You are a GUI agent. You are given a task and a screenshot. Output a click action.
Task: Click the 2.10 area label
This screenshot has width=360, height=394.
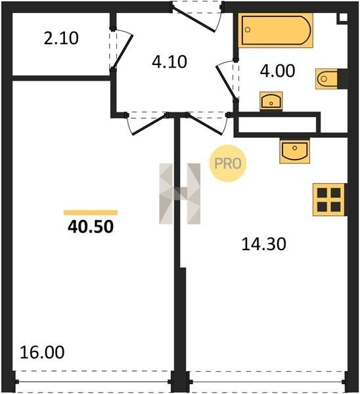point(61,39)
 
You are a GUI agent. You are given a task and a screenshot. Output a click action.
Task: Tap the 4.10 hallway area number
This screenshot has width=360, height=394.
point(169,62)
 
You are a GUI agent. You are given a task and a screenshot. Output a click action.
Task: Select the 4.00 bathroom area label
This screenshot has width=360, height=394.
point(277,71)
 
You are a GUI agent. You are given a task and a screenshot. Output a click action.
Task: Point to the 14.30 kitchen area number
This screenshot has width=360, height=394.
point(263,244)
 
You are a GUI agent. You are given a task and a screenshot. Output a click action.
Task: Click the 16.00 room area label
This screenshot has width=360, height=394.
point(42,352)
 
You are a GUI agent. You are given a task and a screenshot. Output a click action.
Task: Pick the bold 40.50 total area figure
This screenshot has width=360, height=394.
point(91,227)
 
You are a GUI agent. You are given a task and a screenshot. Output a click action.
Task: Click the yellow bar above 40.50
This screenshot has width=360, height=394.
point(91,213)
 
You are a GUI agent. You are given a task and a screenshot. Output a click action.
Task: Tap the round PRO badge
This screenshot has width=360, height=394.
point(228,164)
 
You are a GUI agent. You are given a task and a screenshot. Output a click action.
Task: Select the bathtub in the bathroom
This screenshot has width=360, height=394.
point(276,30)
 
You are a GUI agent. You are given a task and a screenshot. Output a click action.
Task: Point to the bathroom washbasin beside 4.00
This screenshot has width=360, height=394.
point(271,101)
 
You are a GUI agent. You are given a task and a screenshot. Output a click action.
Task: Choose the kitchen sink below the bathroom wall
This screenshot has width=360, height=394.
point(295,150)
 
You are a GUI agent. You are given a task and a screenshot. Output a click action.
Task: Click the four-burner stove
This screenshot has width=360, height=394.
point(329,200)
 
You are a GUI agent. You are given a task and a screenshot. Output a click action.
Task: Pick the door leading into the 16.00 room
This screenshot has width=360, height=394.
point(149,125)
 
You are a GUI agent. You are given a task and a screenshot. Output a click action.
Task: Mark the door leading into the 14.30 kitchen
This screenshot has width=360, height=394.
point(206,125)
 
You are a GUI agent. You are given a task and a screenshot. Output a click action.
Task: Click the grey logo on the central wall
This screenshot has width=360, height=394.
point(180,194)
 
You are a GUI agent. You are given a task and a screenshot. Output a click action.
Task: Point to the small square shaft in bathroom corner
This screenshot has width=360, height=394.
point(343,18)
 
